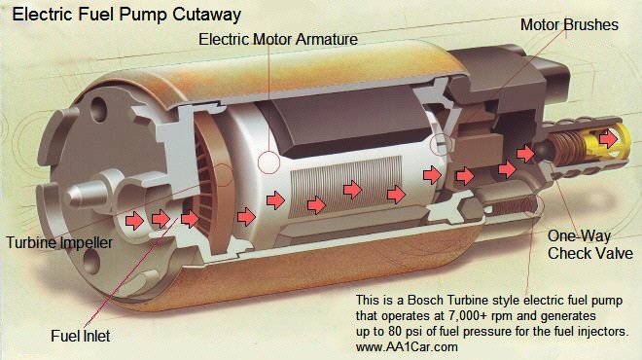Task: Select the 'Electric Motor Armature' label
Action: (277, 41)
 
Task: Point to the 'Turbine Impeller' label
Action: (59, 242)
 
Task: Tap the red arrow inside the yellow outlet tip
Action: (608, 139)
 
